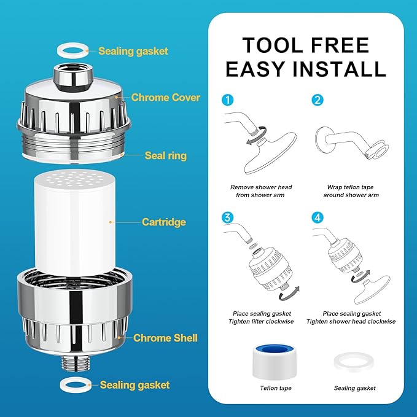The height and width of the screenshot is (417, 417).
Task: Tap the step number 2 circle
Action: [x=317, y=100]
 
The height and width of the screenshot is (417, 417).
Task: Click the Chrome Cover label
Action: [x=165, y=97]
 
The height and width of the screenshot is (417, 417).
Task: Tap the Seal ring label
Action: [x=166, y=155]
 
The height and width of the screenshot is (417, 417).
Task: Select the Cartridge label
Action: [x=163, y=222]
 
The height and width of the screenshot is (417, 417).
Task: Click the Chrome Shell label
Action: [x=165, y=338]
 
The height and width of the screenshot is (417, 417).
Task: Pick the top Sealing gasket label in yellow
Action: [x=133, y=52]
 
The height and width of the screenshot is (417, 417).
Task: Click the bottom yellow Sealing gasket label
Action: [x=134, y=385]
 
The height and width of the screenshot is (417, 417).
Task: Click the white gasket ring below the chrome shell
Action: [x=73, y=386]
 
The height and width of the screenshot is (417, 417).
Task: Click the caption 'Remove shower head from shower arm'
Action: [x=261, y=191]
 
